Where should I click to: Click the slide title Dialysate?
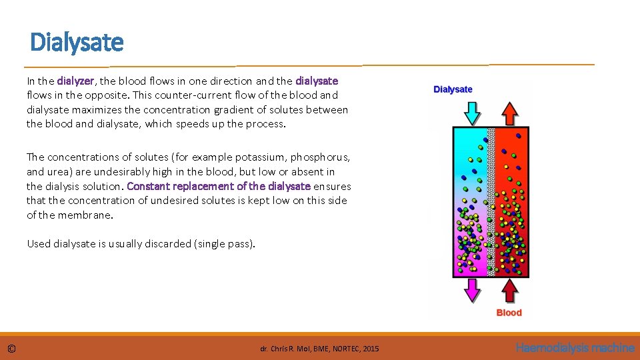(77, 43)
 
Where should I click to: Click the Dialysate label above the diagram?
(453, 89)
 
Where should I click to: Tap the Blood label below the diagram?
(509, 313)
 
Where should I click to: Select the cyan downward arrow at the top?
(471, 112)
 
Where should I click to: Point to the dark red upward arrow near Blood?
(509, 291)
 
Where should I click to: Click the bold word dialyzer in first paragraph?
(75, 81)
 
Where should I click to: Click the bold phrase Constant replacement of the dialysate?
(218, 186)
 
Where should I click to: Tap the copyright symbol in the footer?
(11, 349)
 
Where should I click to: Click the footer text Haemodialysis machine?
(575, 347)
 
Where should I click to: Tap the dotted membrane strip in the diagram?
(491, 200)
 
